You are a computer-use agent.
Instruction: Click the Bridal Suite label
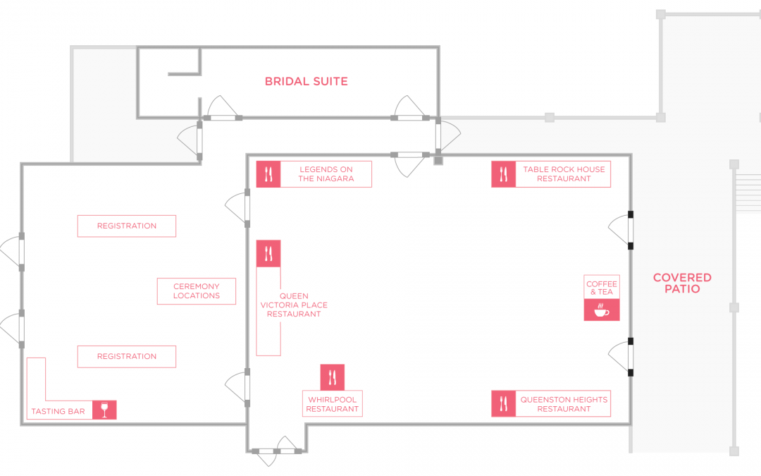(x=307, y=81)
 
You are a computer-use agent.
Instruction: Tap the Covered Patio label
(x=682, y=283)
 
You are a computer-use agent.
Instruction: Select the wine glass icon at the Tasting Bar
(x=104, y=410)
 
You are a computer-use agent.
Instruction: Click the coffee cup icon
(x=602, y=310)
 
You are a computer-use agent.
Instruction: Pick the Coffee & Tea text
(x=602, y=288)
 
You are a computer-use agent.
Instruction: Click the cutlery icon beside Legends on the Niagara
(x=268, y=174)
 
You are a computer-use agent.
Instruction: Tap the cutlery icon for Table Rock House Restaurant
(x=503, y=174)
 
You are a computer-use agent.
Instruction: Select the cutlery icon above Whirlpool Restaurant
(x=333, y=377)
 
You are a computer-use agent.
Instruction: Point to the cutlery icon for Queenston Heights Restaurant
(x=503, y=403)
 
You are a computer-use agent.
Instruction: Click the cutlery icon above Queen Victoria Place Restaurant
(x=268, y=254)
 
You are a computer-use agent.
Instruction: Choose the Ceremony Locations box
(x=197, y=291)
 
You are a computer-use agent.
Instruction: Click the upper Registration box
(x=127, y=226)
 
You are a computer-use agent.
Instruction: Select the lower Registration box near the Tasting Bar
(x=127, y=357)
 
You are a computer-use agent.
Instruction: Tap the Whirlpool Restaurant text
(x=333, y=404)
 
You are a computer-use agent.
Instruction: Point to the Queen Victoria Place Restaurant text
(x=294, y=305)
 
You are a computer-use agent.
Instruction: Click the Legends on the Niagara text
(x=326, y=174)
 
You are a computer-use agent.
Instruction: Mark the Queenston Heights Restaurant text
(x=564, y=404)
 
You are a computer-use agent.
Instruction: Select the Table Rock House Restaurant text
(x=564, y=174)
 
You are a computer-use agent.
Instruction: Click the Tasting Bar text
(x=58, y=411)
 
